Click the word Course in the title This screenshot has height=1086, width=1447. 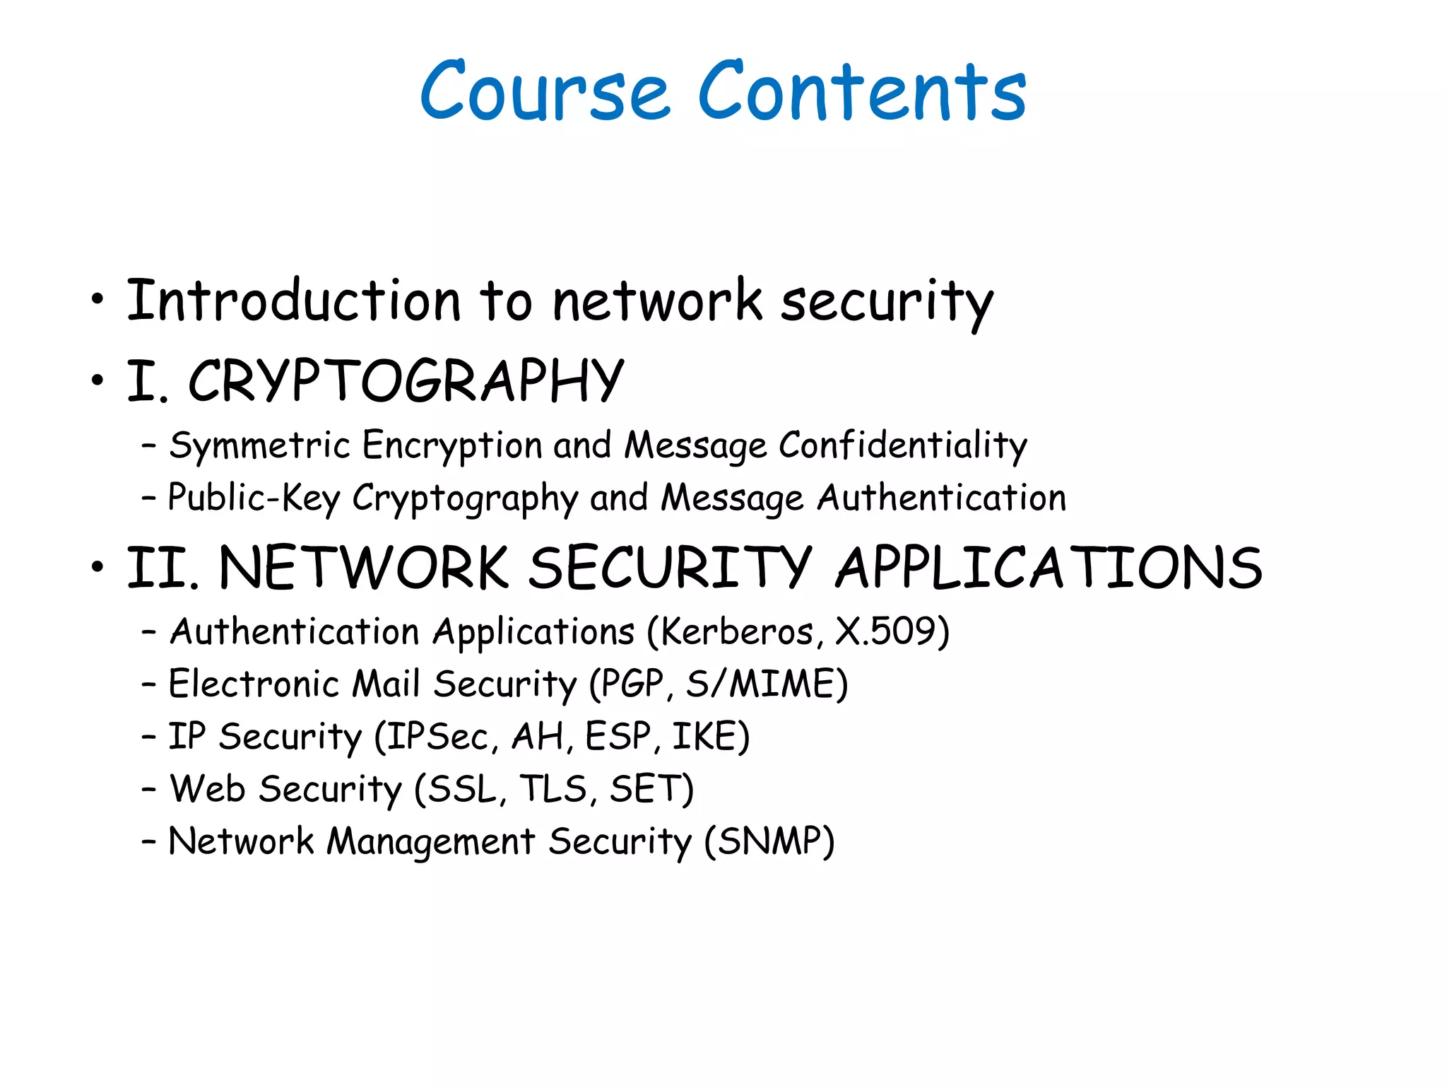tap(545, 92)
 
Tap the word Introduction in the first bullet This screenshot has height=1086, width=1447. tap(294, 301)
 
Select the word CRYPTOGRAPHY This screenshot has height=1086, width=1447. tap(406, 381)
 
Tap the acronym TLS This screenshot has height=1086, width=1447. tap(554, 789)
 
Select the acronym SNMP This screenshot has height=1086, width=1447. tap(769, 841)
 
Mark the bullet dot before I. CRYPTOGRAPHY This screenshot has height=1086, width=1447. tap(98, 381)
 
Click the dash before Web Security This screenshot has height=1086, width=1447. tap(148, 789)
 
